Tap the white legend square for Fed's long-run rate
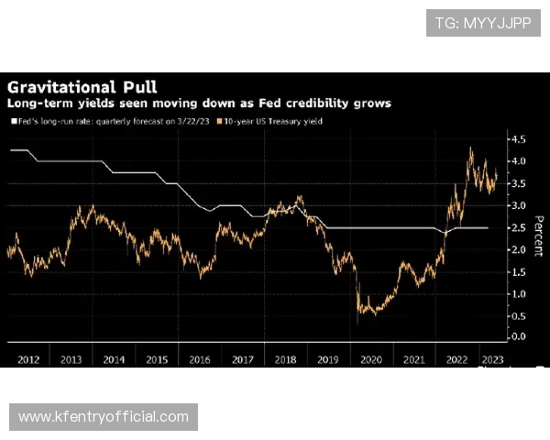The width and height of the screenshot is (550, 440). coord(13,121)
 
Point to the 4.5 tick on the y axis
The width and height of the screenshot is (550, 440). coord(518,139)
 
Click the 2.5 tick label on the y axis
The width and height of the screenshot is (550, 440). coord(518,227)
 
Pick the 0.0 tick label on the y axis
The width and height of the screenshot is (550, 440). coord(518,337)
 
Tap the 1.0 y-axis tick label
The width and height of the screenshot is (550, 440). coord(518,293)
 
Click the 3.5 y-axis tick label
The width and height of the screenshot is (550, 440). coord(518,183)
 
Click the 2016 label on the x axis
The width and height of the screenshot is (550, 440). coord(199,358)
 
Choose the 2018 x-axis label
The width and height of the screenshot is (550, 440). coord(286,358)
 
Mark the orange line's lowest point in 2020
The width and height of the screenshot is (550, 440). coord(357,323)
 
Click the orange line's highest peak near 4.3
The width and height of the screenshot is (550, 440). coord(471,148)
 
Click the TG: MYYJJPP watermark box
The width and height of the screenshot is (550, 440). coord(483,23)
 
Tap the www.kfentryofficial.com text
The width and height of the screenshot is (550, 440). coord(103,417)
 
